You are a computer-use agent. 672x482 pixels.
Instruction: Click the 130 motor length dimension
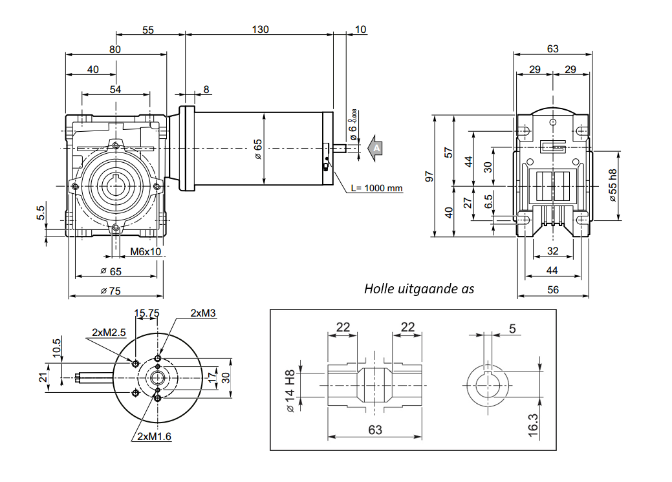260,29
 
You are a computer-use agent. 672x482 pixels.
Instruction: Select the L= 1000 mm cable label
377,188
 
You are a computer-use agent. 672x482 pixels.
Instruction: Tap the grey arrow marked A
374,148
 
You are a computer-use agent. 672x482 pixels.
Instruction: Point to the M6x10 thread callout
146,251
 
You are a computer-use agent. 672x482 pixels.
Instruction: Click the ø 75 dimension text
111,291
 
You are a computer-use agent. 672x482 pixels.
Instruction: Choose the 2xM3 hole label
202,313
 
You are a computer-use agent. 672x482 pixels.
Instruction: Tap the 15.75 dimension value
146,313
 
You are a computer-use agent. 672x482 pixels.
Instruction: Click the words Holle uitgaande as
418,288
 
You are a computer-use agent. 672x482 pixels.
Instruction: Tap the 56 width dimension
553,290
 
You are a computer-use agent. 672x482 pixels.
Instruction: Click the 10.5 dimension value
56,346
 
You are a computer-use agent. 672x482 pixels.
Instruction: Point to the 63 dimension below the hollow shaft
374,429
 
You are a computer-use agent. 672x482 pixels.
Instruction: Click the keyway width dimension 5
512,329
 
